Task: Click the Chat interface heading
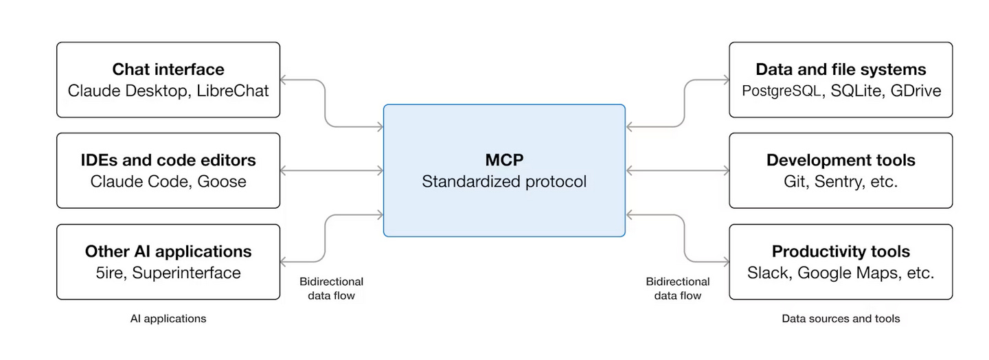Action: pos(168,69)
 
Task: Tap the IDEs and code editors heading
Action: pos(168,160)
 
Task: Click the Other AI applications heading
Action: pos(168,251)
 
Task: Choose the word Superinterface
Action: pos(187,273)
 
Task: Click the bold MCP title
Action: pos(504,160)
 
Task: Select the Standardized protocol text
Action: pos(504,181)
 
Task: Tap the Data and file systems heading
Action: pos(841,69)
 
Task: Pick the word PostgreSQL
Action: pos(782,91)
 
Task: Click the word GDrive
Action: pos(916,91)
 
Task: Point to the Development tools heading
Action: pos(841,160)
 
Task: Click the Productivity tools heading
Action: pos(841,251)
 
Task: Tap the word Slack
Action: pos(769,273)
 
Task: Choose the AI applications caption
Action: pos(168,319)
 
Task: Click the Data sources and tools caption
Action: pos(841,319)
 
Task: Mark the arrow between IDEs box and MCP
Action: pos(332,170)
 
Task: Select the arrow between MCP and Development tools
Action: pos(677,170)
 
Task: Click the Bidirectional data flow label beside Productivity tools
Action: pos(678,289)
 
